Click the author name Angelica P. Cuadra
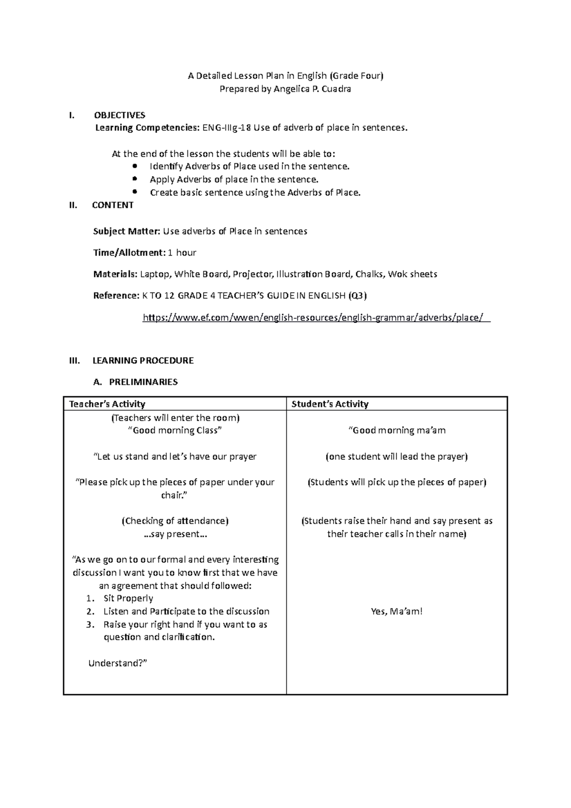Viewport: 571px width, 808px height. [x=312, y=89]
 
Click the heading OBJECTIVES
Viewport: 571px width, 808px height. [x=119, y=115]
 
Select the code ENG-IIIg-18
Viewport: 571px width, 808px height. [x=227, y=128]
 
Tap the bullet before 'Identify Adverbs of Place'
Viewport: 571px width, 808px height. [x=135, y=167]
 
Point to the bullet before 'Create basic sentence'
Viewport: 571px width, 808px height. [x=135, y=192]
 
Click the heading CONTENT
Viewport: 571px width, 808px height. [x=112, y=205]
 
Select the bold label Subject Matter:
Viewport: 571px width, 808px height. [x=127, y=231]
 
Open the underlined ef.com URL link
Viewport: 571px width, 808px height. [x=316, y=317]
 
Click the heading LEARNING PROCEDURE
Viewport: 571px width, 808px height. [x=143, y=361]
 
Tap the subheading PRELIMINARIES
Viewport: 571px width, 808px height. [x=143, y=382]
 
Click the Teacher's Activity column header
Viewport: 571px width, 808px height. [x=107, y=404]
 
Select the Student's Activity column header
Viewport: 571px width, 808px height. [x=330, y=404]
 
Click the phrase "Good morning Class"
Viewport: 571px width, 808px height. [x=175, y=431]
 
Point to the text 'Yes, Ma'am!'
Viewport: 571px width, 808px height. [x=396, y=611]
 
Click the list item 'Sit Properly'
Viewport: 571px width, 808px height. [x=128, y=599]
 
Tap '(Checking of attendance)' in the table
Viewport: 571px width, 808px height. [x=175, y=521]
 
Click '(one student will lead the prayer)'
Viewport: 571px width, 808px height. [x=396, y=457]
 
